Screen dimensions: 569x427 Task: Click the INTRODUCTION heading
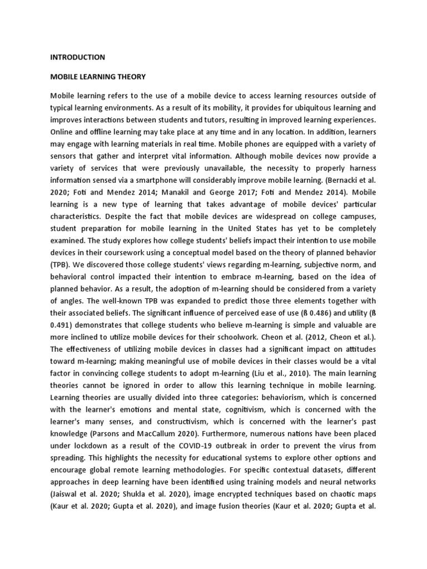77,57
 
